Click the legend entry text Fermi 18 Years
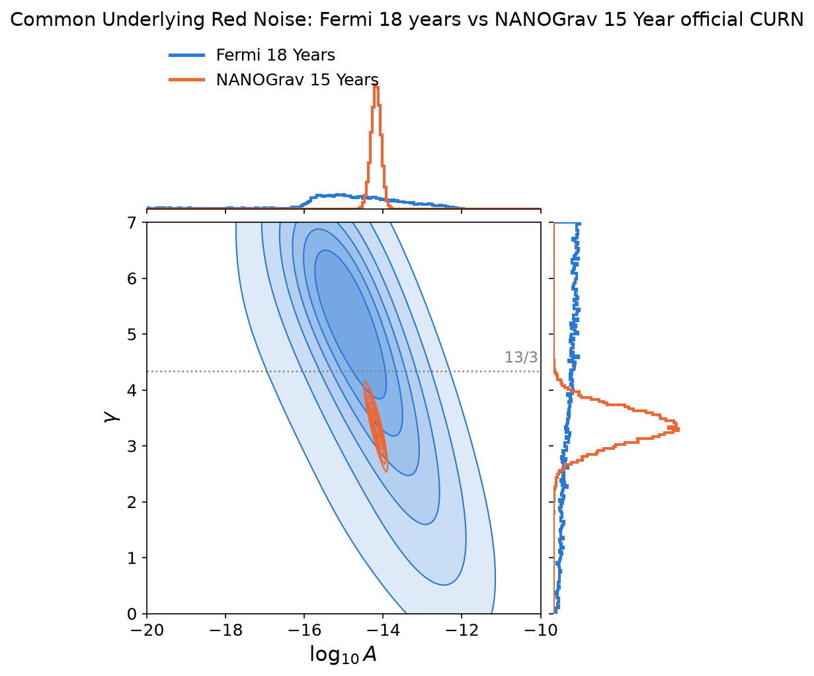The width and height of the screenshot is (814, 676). (x=275, y=55)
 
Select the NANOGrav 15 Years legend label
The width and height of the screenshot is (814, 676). (x=297, y=79)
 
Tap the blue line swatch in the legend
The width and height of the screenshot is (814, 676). (x=186, y=56)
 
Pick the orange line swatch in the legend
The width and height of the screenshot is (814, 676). (x=186, y=80)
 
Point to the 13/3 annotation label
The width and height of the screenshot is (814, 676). (x=521, y=357)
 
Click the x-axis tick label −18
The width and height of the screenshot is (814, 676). (x=225, y=630)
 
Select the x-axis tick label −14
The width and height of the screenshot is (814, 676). (x=383, y=630)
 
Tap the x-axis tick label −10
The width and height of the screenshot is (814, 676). (x=540, y=630)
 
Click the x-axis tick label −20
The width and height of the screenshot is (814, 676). (x=147, y=630)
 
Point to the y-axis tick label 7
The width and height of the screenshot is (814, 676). (x=132, y=223)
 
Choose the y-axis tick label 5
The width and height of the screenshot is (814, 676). (x=132, y=335)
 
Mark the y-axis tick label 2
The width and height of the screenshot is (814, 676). (x=132, y=503)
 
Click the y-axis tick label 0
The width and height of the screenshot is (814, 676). (x=132, y=614)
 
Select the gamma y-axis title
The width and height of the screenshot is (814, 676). (x=112, y=417)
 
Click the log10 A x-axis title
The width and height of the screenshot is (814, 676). (x=343, y=655)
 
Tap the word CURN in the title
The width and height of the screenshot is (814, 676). (x=781, y=19)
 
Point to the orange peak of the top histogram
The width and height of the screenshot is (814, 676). (x=376, y=87)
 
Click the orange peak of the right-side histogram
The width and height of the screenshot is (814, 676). (x=678, y=429)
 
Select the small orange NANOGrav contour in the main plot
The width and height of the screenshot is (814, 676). (x=375, y=427)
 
